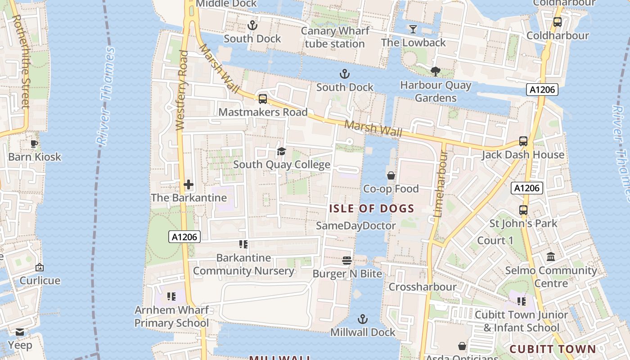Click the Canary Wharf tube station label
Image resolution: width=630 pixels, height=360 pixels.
click(335, 37)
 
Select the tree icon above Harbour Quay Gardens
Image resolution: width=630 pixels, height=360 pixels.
click(435, 72)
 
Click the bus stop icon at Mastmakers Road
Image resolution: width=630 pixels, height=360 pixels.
click(263, 99)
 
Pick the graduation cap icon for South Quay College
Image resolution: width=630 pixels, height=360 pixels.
click(281, 151)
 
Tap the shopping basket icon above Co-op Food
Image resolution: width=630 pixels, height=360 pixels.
click(391, 175)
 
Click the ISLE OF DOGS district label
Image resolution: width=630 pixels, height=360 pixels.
click(372, 209)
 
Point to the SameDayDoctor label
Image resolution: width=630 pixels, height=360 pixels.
click(356, 226)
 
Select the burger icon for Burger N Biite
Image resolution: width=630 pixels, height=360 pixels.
click(346, 261)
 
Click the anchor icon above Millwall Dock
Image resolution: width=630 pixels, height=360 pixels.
click(362, 319)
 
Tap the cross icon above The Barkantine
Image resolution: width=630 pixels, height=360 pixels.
click(189, 184)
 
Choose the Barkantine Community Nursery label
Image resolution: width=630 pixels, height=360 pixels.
click(243, 264)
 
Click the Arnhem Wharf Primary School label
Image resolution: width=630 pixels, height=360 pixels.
click(171, 316)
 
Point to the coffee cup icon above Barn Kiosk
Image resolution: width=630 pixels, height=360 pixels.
click(34, 144)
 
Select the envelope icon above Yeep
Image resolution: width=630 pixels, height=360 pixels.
click(20, 332)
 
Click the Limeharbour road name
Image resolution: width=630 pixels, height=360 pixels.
click(440, 184)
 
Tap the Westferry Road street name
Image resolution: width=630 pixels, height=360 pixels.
click(182, 90)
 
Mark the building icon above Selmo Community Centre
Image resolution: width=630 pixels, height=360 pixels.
click(550, 257)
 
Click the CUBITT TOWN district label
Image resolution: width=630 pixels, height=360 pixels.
click(553, 349)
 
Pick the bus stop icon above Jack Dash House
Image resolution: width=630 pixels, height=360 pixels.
click(523, 141)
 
